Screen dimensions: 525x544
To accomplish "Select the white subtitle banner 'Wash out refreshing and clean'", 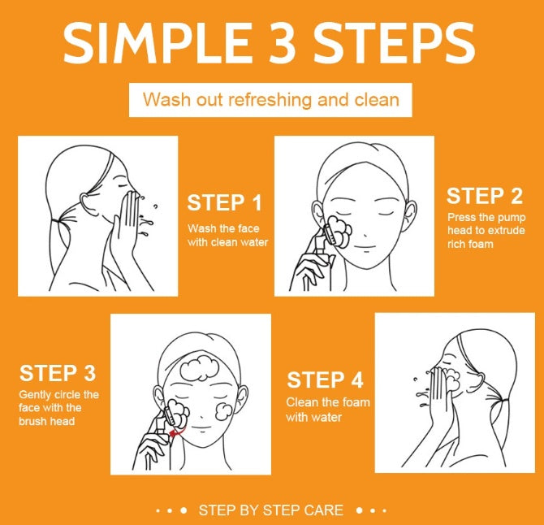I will click(x=270, y=100).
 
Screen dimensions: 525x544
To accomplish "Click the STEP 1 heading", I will click(x=225, y=203).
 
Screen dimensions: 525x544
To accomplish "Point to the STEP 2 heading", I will click(x=484, y=196).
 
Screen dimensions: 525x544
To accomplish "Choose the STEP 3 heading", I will click(x=58, y=373).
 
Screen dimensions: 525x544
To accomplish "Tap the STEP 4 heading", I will click(x=325, y=380).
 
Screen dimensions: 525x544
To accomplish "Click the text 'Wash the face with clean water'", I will click(x=227, y=235).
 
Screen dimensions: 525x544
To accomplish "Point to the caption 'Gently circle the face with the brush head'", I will click(x=58, y=408).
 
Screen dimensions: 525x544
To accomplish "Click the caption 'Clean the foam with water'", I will click(x=327, y=410).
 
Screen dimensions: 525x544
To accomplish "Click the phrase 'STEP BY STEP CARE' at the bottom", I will click(x=271, y=510).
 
